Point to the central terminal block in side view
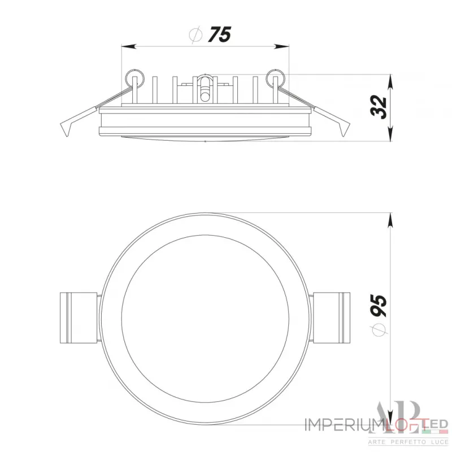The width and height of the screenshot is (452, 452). click(205, 88)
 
